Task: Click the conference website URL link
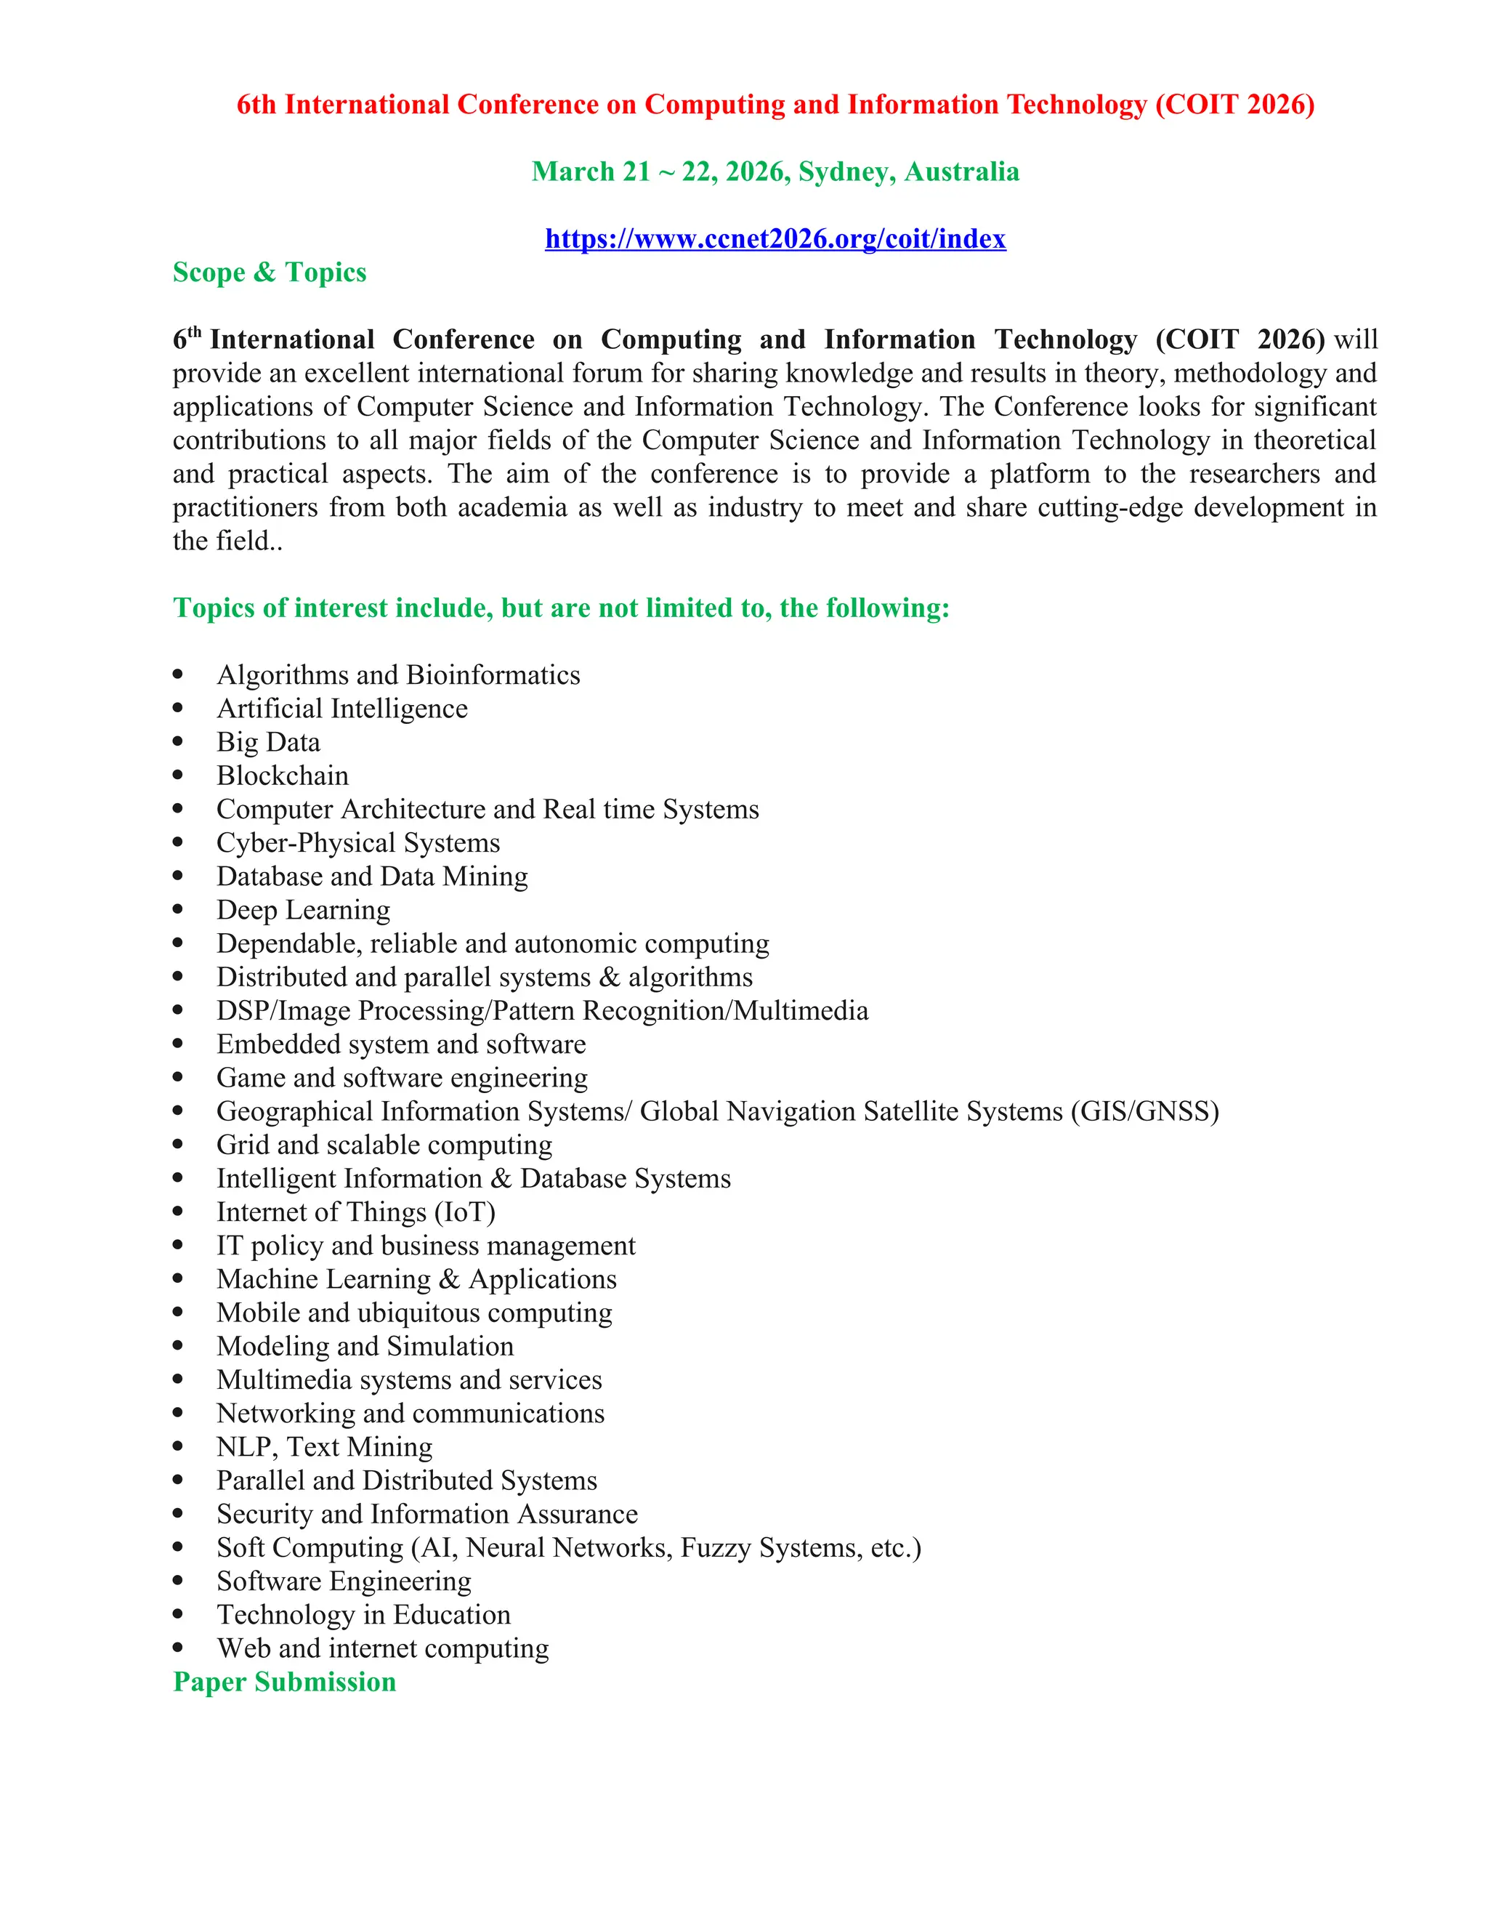click(775, 239)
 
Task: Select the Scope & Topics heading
click(269, 273)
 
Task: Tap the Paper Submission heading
click(284, 1682)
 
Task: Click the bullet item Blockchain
click(282, 776)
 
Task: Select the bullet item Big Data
click(268, 743)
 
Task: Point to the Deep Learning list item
click(303, 910)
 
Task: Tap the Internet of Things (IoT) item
click(355, 1212)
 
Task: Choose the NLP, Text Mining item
click(324, 1447)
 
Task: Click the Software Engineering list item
click(344, 1582)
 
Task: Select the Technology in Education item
click(363, 1615)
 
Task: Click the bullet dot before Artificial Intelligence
click(178, 708)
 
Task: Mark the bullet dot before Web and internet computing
click(178, 1648)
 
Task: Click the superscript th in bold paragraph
click(195, 332)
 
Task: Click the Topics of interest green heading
click(561, 608)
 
